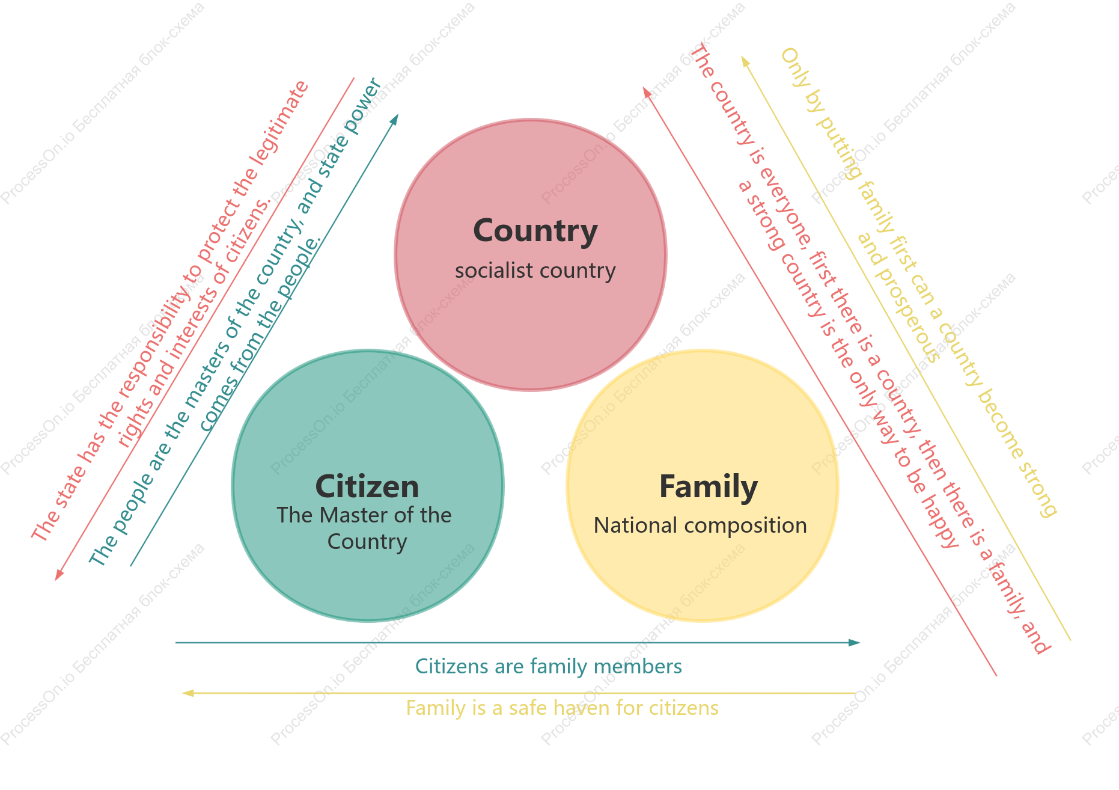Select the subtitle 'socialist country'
[535, 271]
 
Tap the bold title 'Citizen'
[367, 486]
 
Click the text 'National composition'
[700, 525]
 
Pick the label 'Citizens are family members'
[549, 666]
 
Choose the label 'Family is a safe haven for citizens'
[562, 708]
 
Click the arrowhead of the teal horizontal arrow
[854, 643]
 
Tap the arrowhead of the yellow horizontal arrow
[188, 693]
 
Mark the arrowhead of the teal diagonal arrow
[394, 119]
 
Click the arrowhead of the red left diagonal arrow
[59, 575]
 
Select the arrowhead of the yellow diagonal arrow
[745, 61]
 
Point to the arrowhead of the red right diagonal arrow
[647, 92]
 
